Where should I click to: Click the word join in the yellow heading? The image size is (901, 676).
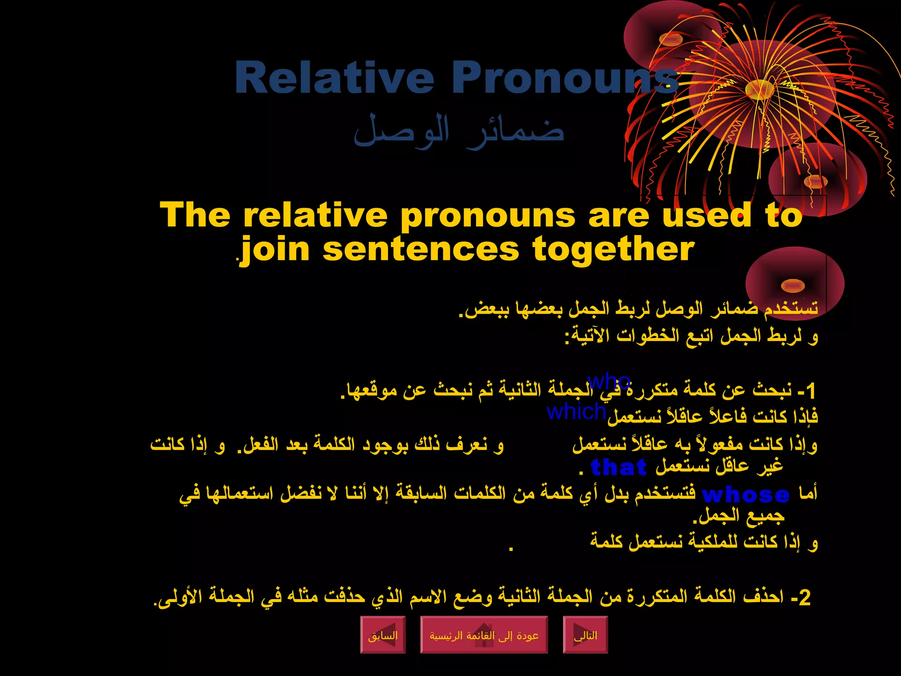275,250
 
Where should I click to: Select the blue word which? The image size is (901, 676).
576,411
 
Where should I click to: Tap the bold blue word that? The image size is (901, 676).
619,467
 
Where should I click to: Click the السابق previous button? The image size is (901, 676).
383,635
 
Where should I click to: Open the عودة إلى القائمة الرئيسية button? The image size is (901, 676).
484,635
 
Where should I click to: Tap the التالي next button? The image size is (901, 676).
586,635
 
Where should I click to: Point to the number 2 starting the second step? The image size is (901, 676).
805,598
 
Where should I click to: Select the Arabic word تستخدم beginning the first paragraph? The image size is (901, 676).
791,308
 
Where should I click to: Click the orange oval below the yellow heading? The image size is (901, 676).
793,286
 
